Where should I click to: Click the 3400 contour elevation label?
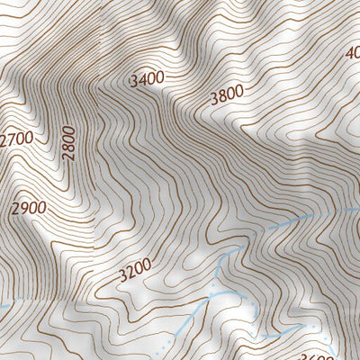[148, 79]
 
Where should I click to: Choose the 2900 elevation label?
[28, 209]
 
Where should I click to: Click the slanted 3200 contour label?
[134, 268]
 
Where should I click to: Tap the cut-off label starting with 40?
[352, 52]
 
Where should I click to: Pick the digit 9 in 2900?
[22, 209]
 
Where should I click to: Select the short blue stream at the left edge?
[4, 307]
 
